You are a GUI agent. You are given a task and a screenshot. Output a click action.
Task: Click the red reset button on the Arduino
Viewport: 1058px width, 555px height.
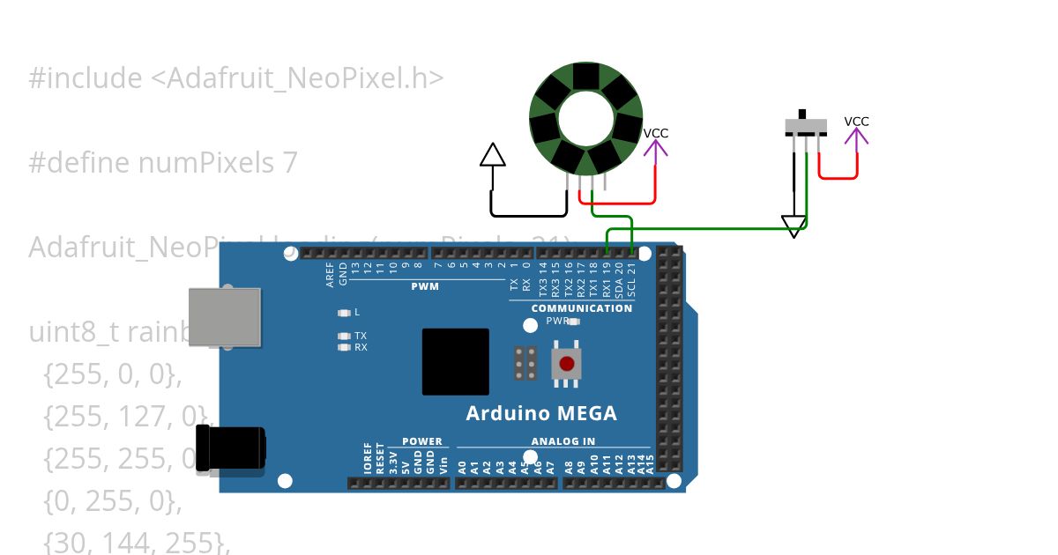[x=566, y=364]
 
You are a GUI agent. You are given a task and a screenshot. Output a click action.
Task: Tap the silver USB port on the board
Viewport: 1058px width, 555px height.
[x=226, y=318]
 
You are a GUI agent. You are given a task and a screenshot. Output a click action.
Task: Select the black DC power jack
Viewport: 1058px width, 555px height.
[x=230, y=448]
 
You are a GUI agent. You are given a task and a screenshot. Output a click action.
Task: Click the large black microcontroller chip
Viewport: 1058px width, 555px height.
[x=455, y=361]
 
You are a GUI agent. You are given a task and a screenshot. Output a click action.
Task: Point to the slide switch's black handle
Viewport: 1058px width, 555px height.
[x=802, y=115]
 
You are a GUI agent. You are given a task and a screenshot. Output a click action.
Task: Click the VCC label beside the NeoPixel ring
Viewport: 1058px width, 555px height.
[x=655, y=134]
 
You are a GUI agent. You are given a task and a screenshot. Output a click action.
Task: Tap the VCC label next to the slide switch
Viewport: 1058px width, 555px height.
[x=856, y=122]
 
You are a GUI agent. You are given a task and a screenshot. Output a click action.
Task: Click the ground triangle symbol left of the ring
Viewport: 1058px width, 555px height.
[x=493, y=156]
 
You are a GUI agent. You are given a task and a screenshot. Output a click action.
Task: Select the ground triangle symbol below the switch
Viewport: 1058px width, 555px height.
[x=794, y=227]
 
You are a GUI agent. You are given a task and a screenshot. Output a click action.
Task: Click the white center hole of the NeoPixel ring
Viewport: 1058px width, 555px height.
[x=585, y=118]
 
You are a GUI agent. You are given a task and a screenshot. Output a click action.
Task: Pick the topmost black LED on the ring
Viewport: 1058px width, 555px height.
[x=585, y=77]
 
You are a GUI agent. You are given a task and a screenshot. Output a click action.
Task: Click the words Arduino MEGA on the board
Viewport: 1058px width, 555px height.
[x=540, y=414]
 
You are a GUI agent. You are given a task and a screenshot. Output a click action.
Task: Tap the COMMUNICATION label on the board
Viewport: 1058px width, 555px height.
[x=581, y=308]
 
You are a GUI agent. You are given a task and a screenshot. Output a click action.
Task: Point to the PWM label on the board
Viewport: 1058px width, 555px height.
[x=424, y=287]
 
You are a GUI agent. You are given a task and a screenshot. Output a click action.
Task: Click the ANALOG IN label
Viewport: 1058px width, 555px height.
[x=563, y=441]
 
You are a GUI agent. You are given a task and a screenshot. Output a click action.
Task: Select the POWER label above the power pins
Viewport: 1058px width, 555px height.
[x=421, y=441]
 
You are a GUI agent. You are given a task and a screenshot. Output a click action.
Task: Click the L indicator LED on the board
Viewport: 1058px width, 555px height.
[x=344, y=313]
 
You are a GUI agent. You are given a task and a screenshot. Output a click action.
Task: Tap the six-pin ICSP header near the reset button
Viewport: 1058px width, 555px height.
[x=526, y=363]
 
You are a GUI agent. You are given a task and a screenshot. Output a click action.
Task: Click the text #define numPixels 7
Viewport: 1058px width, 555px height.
[x=163, y=163]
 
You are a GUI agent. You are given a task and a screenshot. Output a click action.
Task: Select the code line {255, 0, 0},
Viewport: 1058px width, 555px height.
[x=111, y=375]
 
